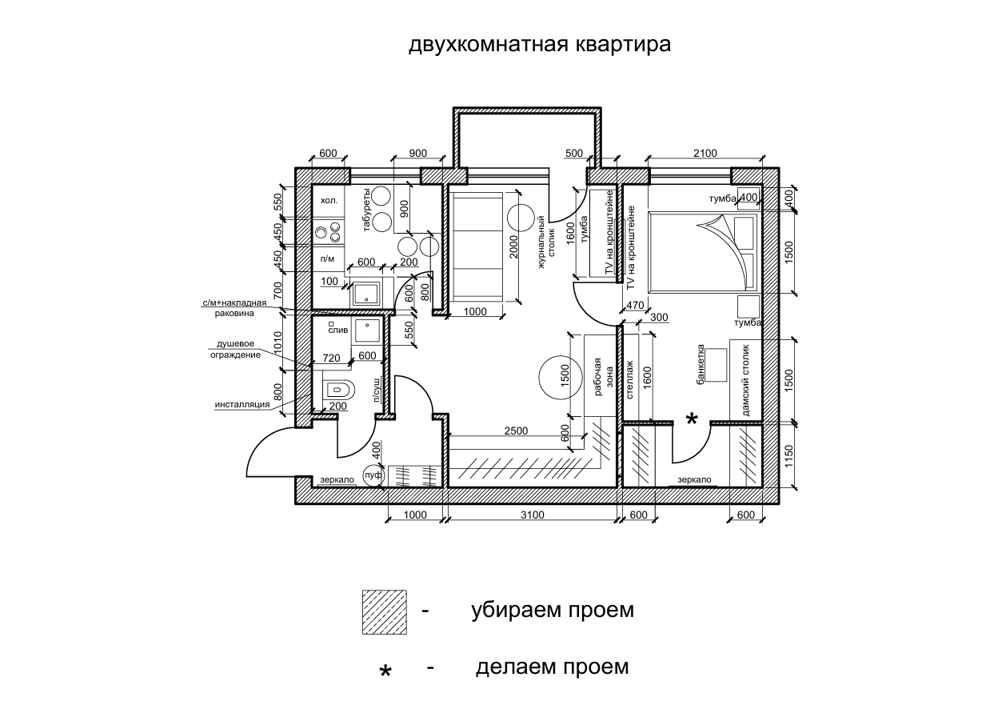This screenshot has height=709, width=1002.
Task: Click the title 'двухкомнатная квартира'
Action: pos(540,45)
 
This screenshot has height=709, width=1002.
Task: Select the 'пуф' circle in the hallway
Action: pos(373,475)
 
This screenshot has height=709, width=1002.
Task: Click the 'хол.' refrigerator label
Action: pos(329,201)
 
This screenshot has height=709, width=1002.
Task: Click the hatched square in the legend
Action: pos(385,612)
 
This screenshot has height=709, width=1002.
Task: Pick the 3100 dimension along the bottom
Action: pos(533,515)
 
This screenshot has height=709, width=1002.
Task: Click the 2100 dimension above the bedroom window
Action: pos(705,153)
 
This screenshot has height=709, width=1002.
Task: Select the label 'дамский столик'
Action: pos(745,380)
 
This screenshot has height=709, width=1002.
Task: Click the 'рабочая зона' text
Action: pos(603,376)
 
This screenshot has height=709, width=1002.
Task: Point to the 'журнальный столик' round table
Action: pos(521,218)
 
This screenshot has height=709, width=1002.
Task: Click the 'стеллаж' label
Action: pos(629,380)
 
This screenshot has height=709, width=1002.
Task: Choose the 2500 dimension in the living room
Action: pos(516,431)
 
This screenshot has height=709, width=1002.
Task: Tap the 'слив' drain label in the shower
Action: pos(337,330)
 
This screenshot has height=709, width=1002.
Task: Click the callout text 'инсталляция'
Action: pos(242,405)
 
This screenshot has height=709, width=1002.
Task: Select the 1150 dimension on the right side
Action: pos(788,455)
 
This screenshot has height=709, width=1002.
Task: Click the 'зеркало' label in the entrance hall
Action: pos(337,480)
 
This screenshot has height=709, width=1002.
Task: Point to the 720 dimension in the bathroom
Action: pos(331,358)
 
